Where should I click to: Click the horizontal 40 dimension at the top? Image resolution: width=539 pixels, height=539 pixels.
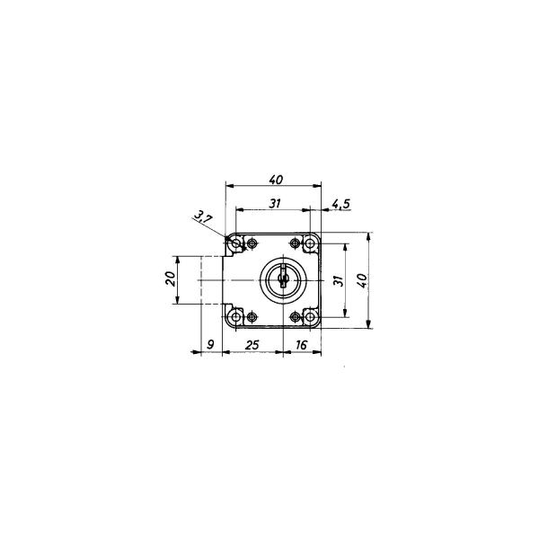coord(276,180)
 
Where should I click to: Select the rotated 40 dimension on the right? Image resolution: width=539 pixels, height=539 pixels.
coord(362,280)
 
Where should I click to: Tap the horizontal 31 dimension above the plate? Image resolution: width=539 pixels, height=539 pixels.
coord(274,204)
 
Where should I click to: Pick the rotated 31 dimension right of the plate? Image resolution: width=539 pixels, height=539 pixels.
coord(339,280)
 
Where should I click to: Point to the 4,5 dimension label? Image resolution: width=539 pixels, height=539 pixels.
coord(340,204)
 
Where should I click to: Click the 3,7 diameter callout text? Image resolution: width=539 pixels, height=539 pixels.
coord(203,217)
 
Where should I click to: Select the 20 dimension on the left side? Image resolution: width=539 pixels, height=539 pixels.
coord(170,278)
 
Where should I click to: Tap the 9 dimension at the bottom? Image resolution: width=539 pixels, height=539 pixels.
coord(211,344)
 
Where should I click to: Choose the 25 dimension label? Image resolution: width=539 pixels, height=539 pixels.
coord(252,345)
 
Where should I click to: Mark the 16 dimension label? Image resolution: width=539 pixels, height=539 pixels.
coord(301,345)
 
